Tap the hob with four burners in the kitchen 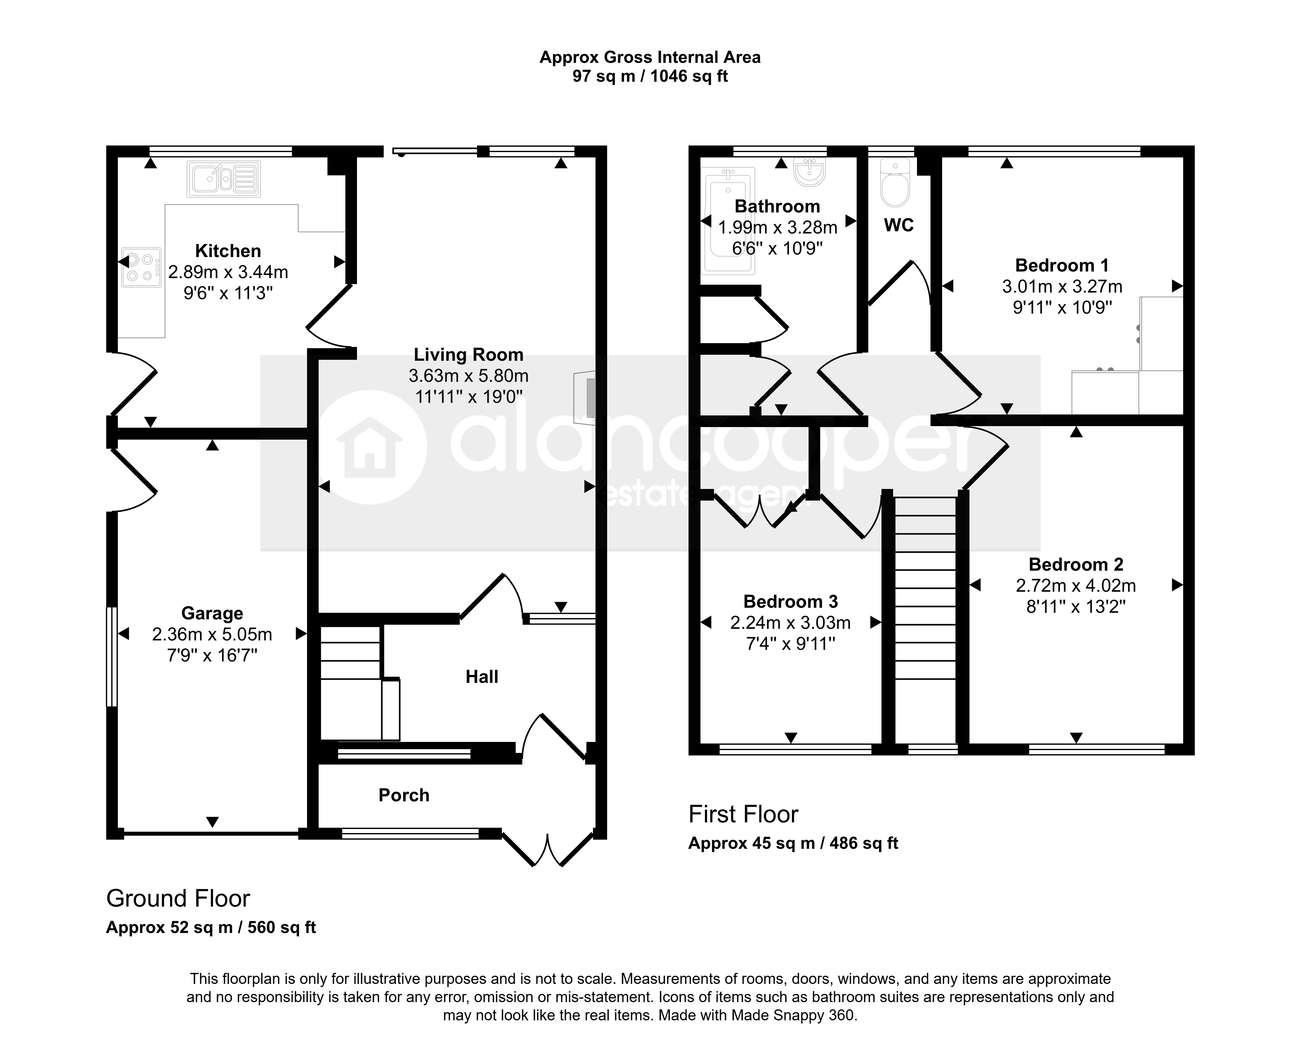(x=142, y=267)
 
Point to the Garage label (x=212, y=613)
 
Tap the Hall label (x=482, y=677)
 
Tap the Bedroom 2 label (x=1076, y=564)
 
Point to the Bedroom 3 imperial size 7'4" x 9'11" (x=791, y=644)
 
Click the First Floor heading (x=743, y=815)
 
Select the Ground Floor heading (x=178, y=898)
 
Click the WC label (x=899, y=225)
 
